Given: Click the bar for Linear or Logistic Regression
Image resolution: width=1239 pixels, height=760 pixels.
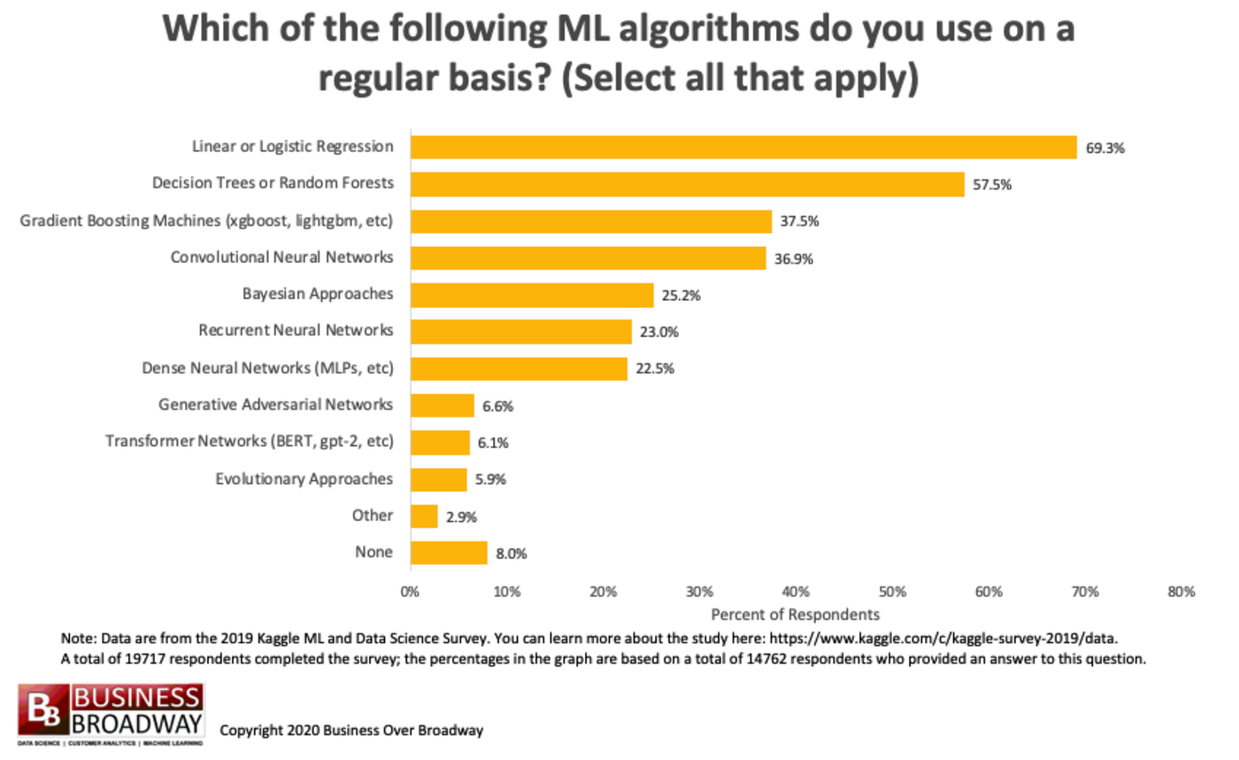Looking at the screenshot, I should pos(743,147).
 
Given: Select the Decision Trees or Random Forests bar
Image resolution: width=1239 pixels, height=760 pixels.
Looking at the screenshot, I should pos(687,184).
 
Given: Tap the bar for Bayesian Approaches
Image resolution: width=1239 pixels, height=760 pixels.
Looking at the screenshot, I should pos(531,295).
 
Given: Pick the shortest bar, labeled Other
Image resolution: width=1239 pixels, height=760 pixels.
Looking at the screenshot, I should pos(423,516).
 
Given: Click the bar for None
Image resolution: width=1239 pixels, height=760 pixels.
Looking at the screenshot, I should pos(448,553).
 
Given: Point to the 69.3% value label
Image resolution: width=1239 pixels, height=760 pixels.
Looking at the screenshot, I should pos(1105,149).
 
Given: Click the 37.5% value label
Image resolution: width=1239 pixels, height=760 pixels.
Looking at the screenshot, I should pos(799,222).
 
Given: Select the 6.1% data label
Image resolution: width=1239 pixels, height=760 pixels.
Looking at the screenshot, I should pos(493,443).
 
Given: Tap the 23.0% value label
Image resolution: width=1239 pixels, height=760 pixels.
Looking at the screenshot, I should pos(658,333).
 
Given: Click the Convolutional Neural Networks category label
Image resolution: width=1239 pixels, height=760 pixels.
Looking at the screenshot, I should pos(281,257).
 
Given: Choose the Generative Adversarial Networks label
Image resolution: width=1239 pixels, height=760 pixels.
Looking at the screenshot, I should pos(275,404).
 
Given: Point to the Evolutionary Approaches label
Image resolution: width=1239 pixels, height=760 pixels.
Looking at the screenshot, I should pos(304,479).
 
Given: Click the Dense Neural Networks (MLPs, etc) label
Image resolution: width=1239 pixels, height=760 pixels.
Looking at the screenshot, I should pos(267,367).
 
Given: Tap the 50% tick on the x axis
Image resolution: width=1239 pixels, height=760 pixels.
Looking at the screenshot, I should pos(892,592).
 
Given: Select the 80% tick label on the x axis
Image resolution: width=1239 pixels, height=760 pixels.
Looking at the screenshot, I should pos(1181,592).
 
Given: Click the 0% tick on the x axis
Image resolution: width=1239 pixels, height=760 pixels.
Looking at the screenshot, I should pos(410,592).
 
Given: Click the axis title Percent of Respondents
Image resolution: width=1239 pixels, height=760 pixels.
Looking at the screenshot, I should pos(795,612).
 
